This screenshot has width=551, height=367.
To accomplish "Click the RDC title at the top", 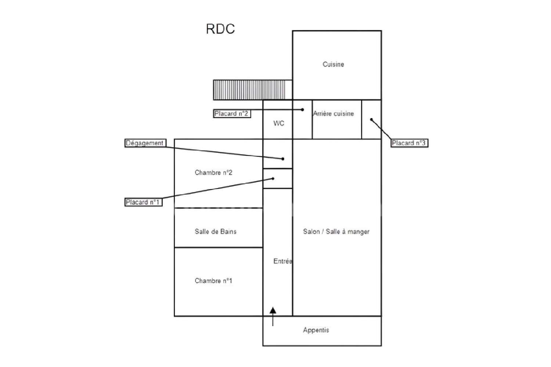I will (220, 29).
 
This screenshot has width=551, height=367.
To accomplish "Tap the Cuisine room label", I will (333, 64).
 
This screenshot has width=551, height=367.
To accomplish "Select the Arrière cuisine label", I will (334, 114).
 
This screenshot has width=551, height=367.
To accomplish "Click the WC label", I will (279, 123).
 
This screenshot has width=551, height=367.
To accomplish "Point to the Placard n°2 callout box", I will (232, 114).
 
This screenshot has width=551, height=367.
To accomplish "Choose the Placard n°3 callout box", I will (409, 143).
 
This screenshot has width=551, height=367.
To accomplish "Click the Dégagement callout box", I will (145, 143).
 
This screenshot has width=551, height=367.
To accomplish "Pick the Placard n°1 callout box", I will (143, 202).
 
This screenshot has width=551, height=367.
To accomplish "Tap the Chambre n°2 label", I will (213, 172).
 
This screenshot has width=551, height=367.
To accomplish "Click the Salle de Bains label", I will (216, 231).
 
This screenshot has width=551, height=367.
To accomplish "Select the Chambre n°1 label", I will (213, 281).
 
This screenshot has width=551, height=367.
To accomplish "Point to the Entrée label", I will (282, 261).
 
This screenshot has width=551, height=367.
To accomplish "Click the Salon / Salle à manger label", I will (336, 231).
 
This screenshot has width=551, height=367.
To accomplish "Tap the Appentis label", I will (316, 330).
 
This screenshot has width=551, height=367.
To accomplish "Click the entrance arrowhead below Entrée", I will (273, 311).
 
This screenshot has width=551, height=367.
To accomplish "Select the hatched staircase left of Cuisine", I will (253, 90).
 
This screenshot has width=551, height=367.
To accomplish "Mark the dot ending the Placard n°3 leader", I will (371, 119).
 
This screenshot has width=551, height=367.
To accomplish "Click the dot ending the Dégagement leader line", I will (283, 159).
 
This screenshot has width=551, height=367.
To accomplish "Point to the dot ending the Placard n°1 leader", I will (273, 179).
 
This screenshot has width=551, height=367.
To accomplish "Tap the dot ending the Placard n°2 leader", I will (303, 109).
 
